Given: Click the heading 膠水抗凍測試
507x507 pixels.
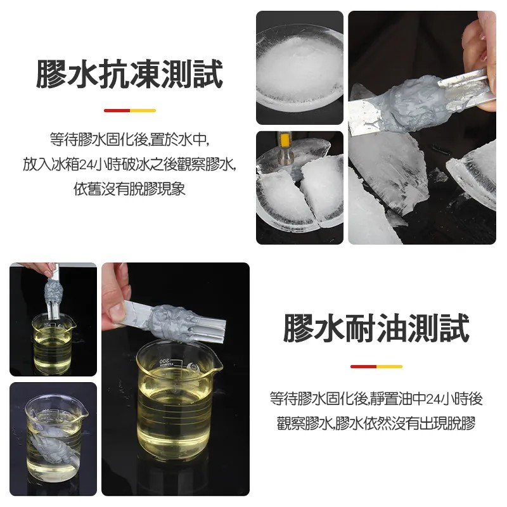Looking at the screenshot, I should pyautogui.click(x=129, y=74).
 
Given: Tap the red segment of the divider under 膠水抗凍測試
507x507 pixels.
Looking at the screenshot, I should pyautogui.click(x=117, y=111).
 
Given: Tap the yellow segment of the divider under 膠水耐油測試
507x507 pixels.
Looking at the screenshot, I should pyautogui.click(x=389, y=366).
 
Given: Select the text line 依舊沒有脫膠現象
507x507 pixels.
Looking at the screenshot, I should pyautogui.click(x=129, y=189).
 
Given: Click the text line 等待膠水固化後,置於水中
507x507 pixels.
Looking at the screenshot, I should pyautogui.click(x=129, y=139).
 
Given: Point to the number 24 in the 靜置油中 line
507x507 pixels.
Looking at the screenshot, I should pyautogui.click(x=433, y=399).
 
